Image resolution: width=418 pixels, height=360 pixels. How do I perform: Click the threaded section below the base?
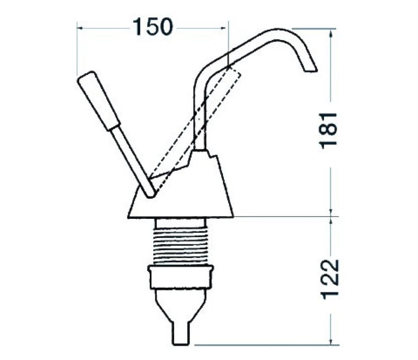[181, 246]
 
